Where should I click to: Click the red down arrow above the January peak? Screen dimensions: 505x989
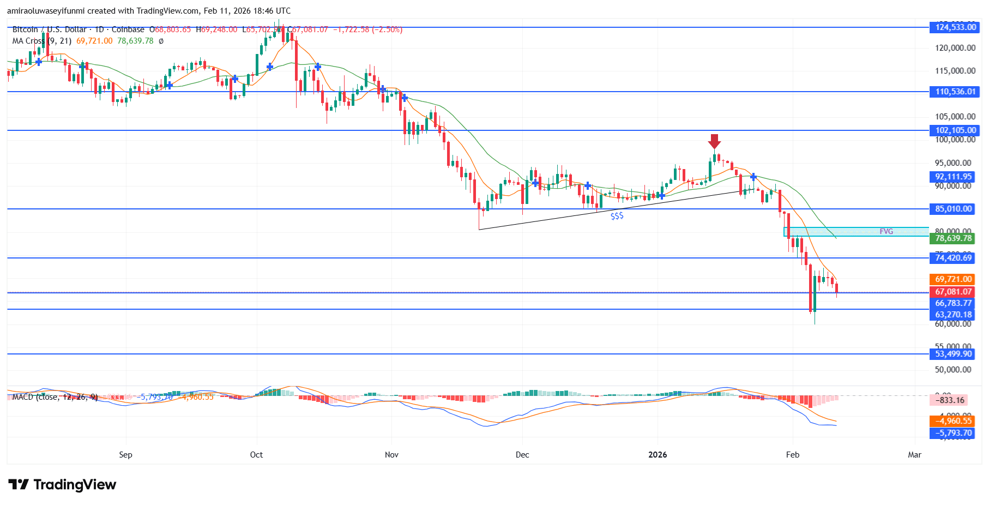point(714,141)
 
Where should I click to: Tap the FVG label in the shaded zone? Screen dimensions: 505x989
point(886,231)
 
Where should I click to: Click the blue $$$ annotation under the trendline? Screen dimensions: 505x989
point(617,216)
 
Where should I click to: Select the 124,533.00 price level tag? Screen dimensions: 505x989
point(955,27)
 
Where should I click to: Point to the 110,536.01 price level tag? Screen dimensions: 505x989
point(955,92)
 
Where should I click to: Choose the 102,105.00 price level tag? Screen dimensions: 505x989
point(955,130)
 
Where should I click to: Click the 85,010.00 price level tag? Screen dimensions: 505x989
point(953,209)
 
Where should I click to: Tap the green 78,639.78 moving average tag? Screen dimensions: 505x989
point(953,238)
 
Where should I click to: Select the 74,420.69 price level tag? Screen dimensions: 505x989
point(953,258)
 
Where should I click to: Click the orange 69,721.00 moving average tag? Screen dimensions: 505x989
point(953,279)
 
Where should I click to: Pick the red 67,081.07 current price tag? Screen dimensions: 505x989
point(953,292)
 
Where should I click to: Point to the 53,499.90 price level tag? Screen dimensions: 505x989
point(953,354)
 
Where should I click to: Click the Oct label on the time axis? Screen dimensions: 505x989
point(256,455)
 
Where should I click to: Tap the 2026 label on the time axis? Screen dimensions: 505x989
point(658,455)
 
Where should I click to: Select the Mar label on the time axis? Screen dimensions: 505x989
point(914,455)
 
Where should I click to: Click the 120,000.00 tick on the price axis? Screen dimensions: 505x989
point(955,48)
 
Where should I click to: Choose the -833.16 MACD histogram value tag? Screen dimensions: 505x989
point(950,400)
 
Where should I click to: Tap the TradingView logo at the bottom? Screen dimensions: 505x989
point(63,485)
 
